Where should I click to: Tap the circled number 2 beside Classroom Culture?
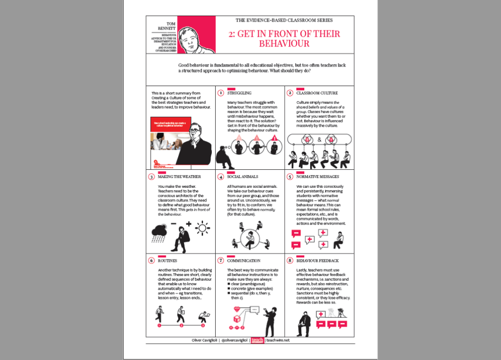coord(290,93)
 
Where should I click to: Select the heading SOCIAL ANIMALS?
coord(243,177)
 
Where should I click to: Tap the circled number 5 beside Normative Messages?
coord(290,177)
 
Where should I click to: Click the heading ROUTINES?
coord(167,261)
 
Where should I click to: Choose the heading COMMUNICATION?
coord(244,261)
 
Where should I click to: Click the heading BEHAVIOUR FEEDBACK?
coord(318,261)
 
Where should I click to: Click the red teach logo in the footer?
coord(257,340)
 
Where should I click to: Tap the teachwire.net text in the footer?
coord(278,340)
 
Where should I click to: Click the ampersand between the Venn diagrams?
coord(319,139)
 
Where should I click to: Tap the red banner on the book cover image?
coord(169,124)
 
